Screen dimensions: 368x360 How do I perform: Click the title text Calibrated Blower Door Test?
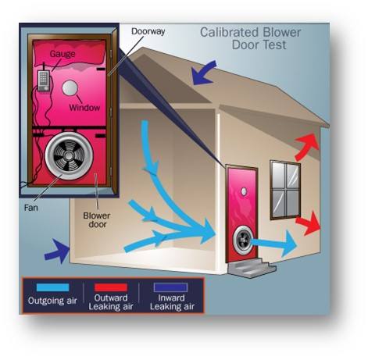[x=250, y=38]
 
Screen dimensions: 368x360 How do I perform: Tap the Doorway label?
[x=148, y=31]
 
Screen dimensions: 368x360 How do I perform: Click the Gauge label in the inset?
[x=63, y=54]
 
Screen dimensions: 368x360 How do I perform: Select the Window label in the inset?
[x=84, y=108]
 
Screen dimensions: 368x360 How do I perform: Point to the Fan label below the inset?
[x=31, y=208]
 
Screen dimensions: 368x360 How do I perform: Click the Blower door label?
[x=97, y=220]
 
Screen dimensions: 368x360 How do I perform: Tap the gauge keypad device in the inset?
[x=43, y=80]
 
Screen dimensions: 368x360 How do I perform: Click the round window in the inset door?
[x=70, y=87]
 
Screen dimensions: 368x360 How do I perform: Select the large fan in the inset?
[x=69, y=155]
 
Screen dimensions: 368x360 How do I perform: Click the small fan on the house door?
[x=243, y=240]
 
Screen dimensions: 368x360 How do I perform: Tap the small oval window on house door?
[x=244, y=191]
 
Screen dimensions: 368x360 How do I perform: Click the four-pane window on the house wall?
[x=285, y=190]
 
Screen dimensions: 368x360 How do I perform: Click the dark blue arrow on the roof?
[x=204, y=73]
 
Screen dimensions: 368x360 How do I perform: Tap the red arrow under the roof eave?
[x=307, y=147]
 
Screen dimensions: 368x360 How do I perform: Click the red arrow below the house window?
[x=309, y=224]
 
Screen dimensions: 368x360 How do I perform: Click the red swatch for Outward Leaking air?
[x=111, y=287]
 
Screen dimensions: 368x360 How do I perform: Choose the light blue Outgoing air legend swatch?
[x=53, y=287]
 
